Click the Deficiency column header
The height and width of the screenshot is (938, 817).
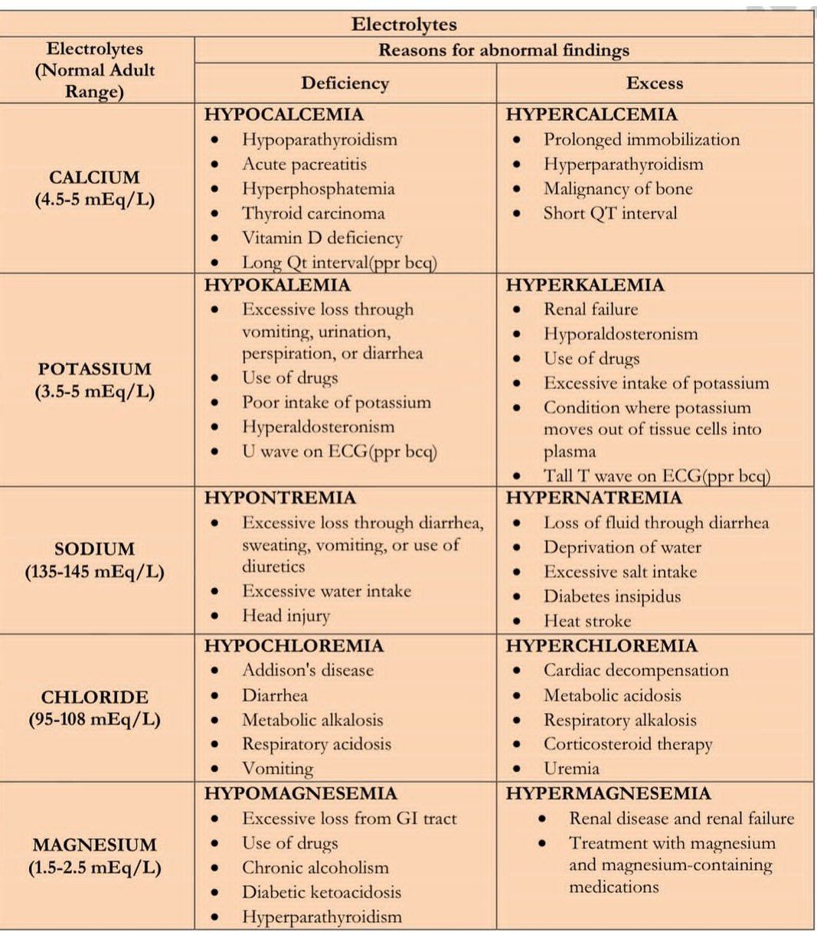click(345, 83)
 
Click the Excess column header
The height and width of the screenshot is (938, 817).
click(654, 83)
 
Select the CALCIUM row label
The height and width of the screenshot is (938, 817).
click(94, 178)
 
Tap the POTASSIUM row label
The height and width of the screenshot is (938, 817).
click(94, 369)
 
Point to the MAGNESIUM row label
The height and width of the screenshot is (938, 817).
click(94, 845)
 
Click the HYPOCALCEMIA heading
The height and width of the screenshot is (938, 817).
click(283, 115)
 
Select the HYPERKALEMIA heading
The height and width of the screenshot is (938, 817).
click(585, 286)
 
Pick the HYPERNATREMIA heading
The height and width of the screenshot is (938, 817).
click(593, 498)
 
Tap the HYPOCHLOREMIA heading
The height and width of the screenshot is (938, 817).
click(293, 646)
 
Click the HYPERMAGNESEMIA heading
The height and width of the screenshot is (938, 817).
click(608, 793)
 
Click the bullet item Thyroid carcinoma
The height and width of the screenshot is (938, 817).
click(313, 214)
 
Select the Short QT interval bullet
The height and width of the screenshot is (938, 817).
click(610, 214)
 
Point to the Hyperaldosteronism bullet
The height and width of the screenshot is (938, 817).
click(318, 427)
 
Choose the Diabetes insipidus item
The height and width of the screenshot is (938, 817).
click(612, 596)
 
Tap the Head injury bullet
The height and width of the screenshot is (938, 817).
click(286, 616)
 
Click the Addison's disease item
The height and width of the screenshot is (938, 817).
click(308, 671)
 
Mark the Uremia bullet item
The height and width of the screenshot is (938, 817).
click(571, 769)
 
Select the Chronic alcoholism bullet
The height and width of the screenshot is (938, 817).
click(315, 868)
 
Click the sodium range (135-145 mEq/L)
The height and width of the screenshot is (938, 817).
click(94, 572)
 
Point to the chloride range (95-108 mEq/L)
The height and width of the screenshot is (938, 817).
click(94, 720)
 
